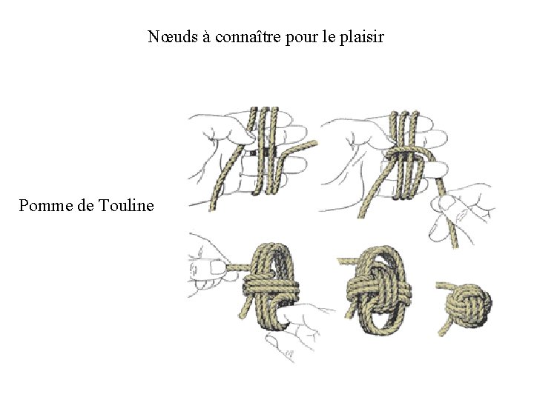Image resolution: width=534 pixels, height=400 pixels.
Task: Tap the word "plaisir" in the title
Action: pyautogui.click(x=360, y=36)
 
